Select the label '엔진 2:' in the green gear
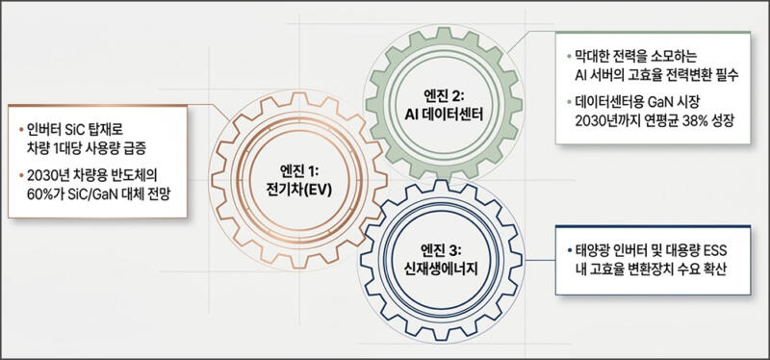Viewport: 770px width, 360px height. point(445,97)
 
